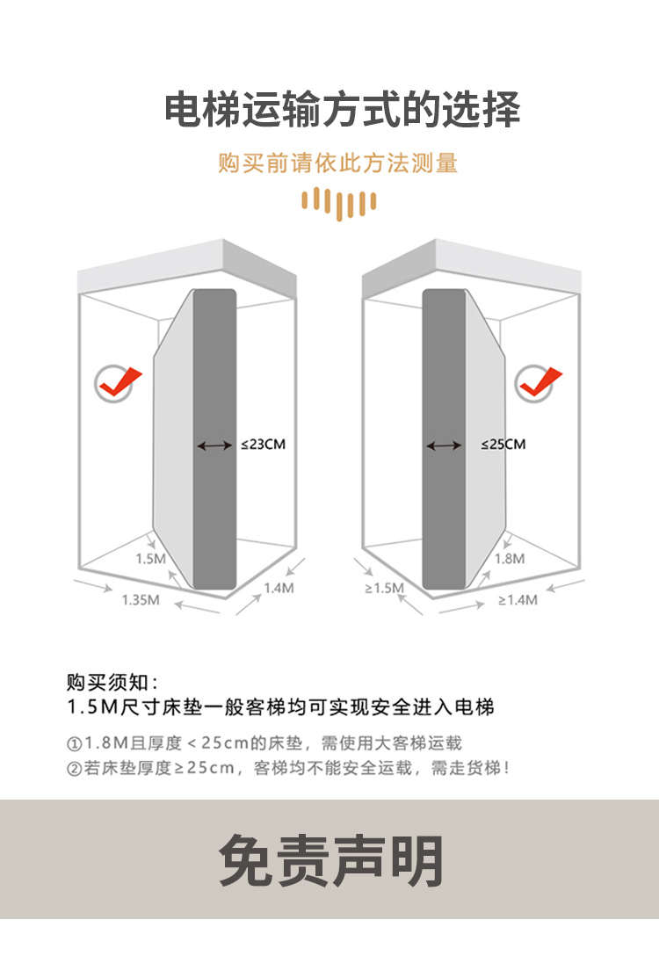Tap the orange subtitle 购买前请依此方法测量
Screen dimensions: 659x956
pos(338,163)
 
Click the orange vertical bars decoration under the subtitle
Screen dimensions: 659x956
pos(338,201)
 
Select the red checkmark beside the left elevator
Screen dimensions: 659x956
pos(118,382)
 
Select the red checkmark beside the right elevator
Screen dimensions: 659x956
pos(538,382)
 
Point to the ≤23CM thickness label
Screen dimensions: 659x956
pos(263,445)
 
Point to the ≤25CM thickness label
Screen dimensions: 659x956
pos(503,445)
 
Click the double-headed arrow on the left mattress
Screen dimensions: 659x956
pos(214,446)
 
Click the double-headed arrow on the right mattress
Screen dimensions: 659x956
pos(444,446)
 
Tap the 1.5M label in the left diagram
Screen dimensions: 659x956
pos(150,559)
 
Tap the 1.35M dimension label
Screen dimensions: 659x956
pos(141,600)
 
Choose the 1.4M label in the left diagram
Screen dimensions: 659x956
pos(278,589)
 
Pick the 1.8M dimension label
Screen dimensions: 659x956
pos(510,559)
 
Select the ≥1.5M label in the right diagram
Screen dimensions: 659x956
pos(384,588)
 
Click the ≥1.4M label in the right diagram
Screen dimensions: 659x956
pos(517,600)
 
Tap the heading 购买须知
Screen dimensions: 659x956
pos(112,683)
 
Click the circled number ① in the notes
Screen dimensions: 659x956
pos(74,743)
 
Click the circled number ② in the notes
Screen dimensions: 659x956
pos(74,768)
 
